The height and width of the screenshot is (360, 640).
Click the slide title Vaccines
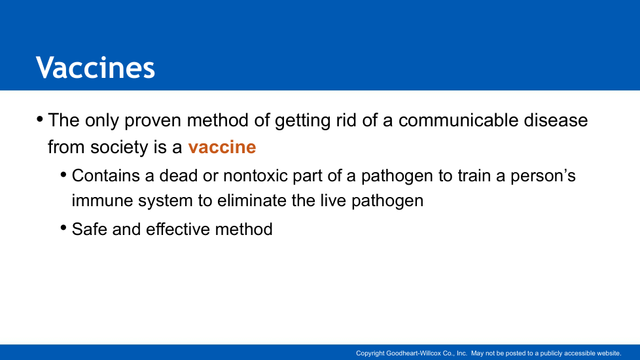pyautogui.click(x=96, y=67)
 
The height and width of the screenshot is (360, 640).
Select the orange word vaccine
pyautogui.click(x=222, y=147)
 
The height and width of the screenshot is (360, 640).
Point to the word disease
pyautogui.click(x=556, y=120)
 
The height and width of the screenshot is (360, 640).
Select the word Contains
pyautogui.click(x=106, y=176)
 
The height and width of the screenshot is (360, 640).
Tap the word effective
pyautogui.click(x=177, y=229)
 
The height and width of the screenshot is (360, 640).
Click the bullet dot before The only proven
pyautogui.click(x=40, y=120)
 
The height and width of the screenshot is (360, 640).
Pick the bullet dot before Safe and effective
pyautogui.click(x=63, y=228)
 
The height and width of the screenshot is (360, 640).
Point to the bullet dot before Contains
pyautogui.click(x=63, y=175)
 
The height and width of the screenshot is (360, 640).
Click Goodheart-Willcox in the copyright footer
pyautogui.click(x=414, y=353)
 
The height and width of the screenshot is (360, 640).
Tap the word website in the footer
pyautogui.click(x=609, y=353)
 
